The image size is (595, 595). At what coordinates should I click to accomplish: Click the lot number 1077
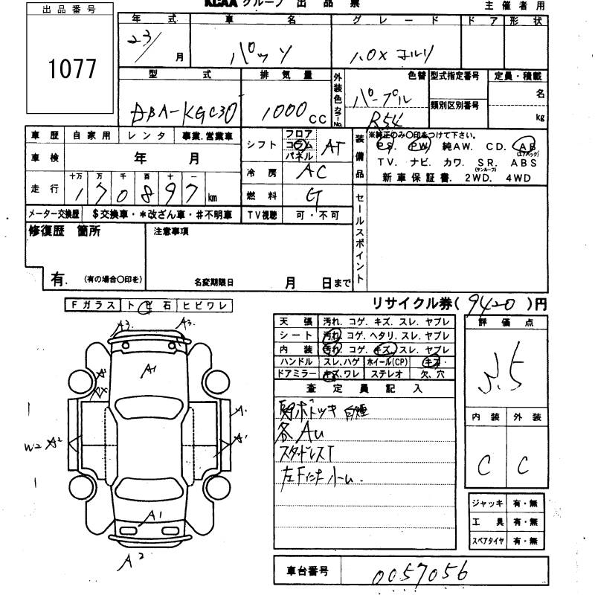coord(72,69)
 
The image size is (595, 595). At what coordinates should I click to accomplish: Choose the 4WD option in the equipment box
coord(521,177)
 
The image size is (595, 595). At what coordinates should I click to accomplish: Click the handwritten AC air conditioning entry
coord(310,171)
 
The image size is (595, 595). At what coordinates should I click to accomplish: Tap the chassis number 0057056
coord(419,573)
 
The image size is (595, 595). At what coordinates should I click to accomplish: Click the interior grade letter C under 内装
coord(484,466)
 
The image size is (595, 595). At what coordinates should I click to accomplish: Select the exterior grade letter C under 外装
coord(524,466)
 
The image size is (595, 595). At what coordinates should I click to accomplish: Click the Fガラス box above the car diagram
coord(92,305)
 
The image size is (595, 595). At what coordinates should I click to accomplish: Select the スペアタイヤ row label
coord(488,541)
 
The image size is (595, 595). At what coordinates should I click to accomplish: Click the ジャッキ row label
coord(486,504)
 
